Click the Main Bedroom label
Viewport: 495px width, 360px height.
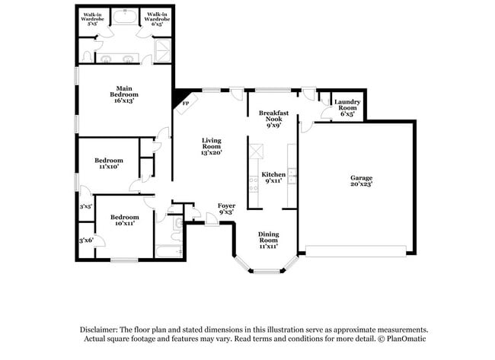click(124, 94)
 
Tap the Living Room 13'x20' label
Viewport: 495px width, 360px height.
click(211, 146)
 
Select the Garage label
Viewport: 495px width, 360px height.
click(360, 181)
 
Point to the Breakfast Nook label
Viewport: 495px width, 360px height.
click(274, 119)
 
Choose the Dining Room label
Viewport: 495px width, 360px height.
click(268, 239)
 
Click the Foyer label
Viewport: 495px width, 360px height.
click(226, 209)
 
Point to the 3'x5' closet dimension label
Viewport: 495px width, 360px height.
click(85, 206)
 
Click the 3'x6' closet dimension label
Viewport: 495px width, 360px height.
click(85, 241)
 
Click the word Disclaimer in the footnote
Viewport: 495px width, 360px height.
click(101, 329)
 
